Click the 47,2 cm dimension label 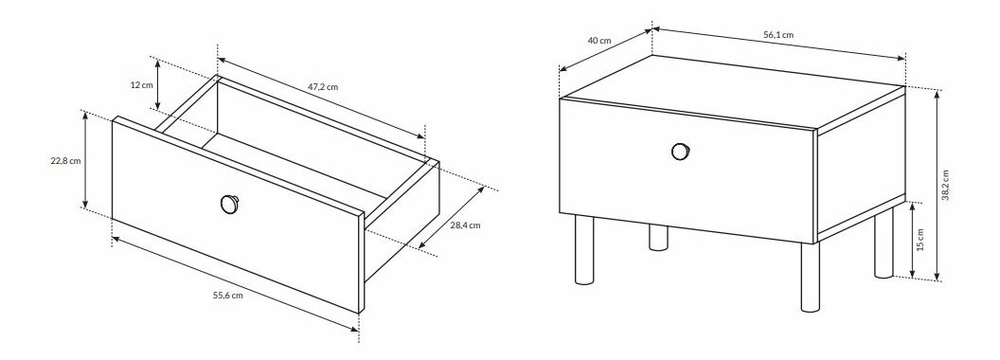click(x=323, y=87)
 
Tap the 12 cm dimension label click(x=142, y=85)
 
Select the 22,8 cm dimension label click(x=65, y=161)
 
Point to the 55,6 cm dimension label click(x=227, y=295)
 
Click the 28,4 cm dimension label click(x=466, y=225)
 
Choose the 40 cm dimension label click(x=599, y=40)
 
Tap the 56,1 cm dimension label click(x=778, y=35)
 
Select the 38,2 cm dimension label click(x=945, y=185)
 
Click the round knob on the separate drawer click(x=229, y=204)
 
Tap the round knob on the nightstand click(x=681, y=152)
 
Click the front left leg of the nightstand click(x=584, y=249)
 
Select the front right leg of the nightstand click(x=810, y=278)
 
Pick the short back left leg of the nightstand click(x=659, y=237)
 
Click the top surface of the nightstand click(x=733, y=92)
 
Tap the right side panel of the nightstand click(x=861, y=165)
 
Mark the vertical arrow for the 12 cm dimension click(x=157, y=83)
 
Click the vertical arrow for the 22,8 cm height click(x=85, y=160)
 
